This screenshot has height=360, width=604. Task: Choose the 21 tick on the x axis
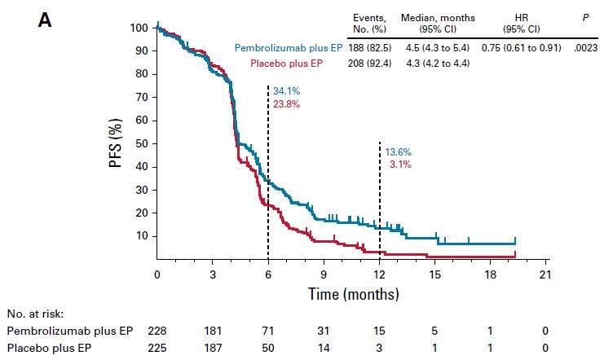pos(545,274)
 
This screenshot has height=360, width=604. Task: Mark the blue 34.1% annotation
pos(286,90)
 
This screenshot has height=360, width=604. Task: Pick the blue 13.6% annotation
pos(398,151)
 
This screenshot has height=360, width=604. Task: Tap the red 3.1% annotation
pos(400,165)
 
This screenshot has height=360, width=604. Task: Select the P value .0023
pos(585,48)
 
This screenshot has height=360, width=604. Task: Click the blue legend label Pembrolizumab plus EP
pos(289,48)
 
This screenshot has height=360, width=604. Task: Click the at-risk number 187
pos(213,349)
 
